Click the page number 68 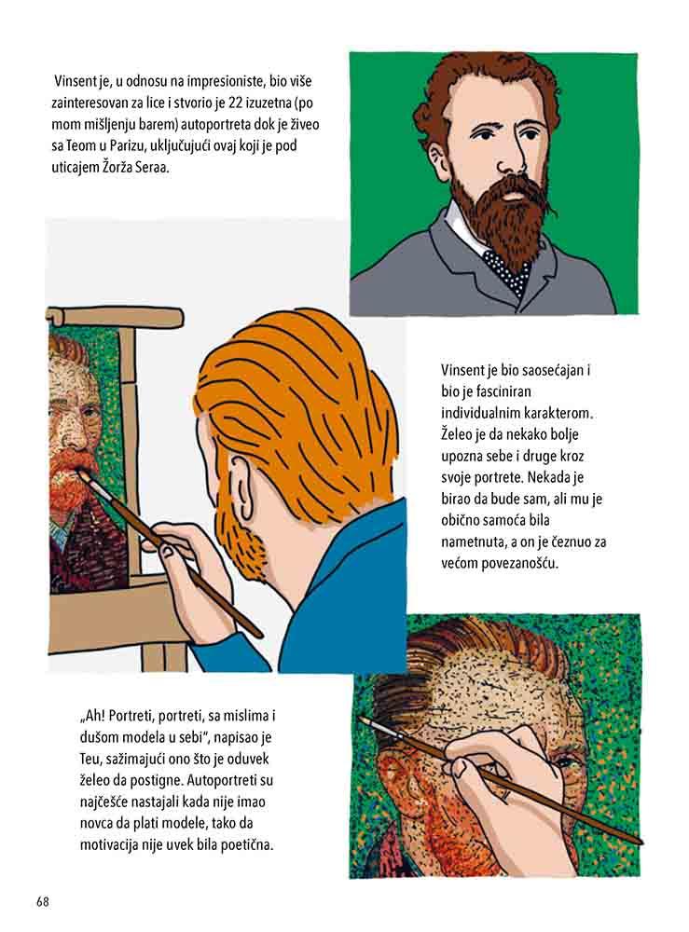42,901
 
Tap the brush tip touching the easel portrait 83,476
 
